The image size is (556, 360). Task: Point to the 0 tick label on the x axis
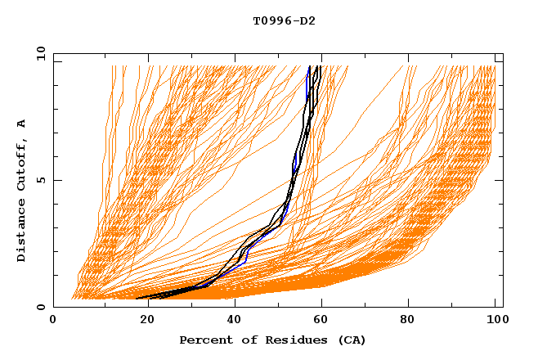tap(53, 322)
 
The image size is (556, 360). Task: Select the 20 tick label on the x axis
tap(142, 322)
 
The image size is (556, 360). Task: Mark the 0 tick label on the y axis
tap(40, 308)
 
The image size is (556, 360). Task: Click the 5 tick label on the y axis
tap(40, 180)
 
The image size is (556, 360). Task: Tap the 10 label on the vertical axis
tap(38, 53)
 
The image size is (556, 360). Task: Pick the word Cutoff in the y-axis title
tap(22, 162)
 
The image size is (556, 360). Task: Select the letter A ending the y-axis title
tap(22, 124)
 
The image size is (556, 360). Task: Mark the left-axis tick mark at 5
tap(56, 180)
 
